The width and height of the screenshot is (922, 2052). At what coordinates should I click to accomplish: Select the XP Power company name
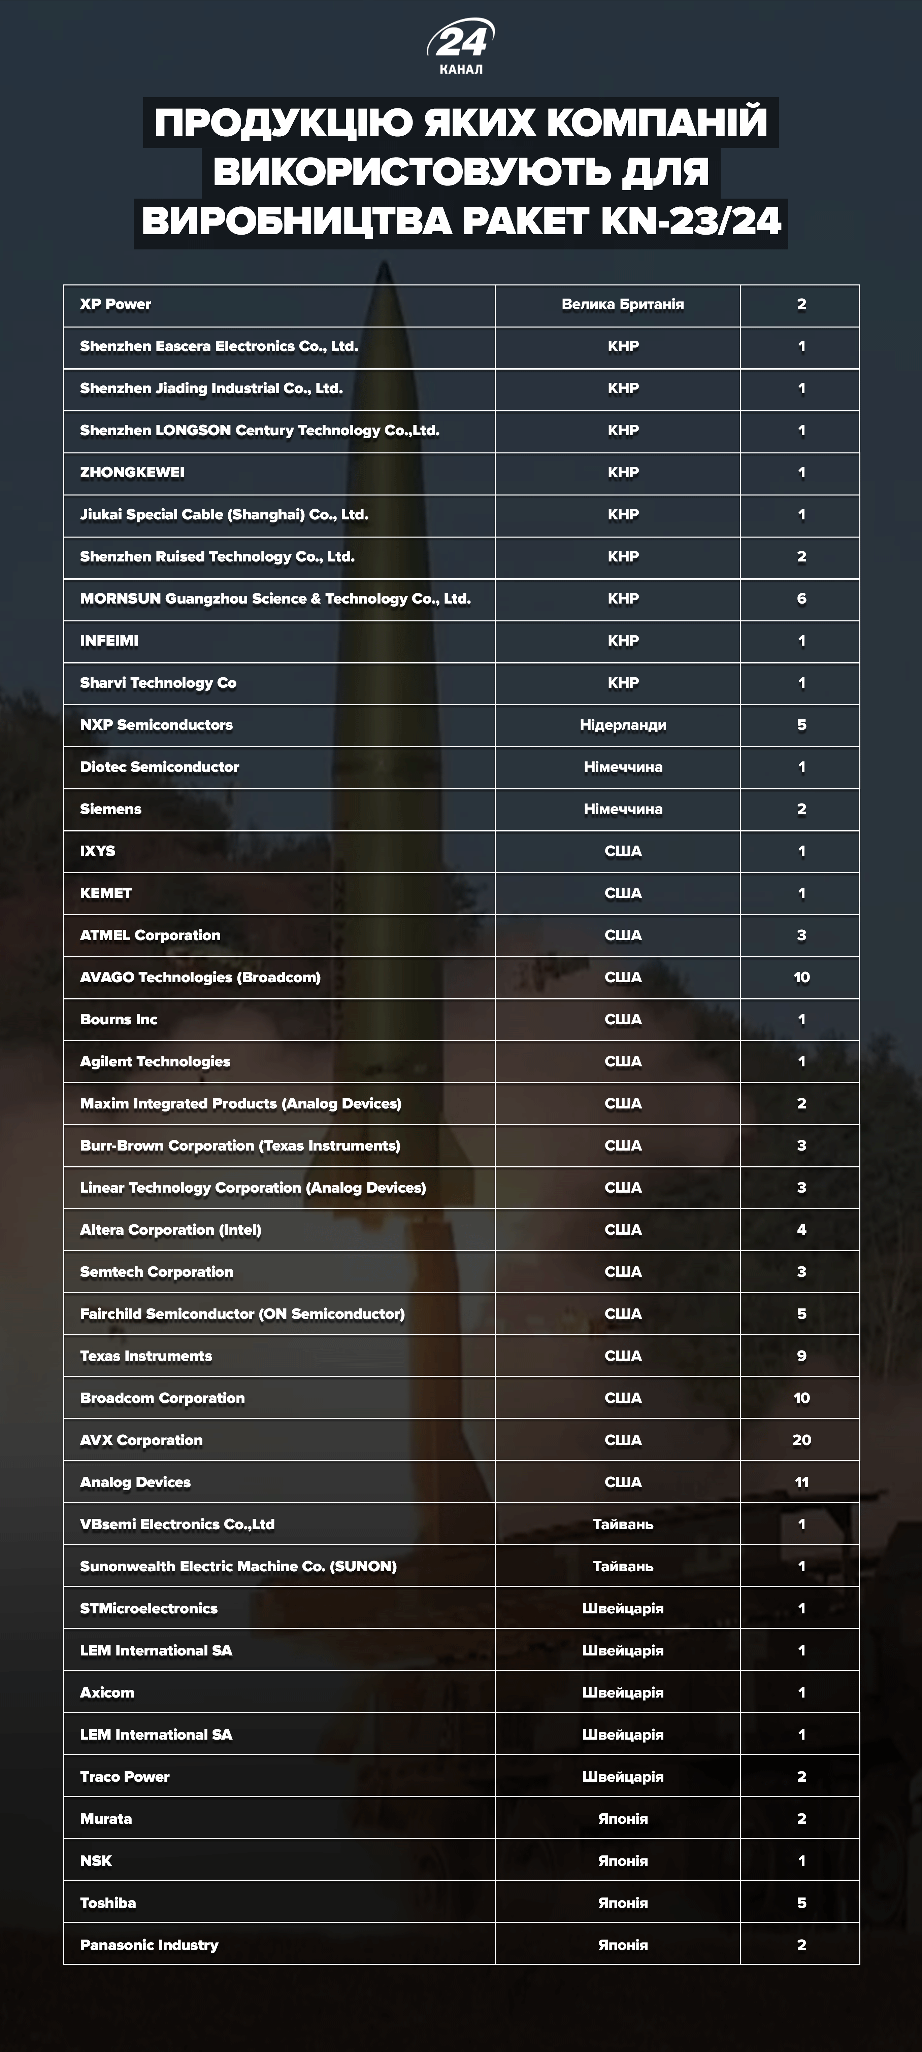(x=116, y=304)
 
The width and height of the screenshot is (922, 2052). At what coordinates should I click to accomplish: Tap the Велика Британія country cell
(x=622, y=304)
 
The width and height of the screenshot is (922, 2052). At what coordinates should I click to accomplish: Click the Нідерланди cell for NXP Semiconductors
(x=622, y=725)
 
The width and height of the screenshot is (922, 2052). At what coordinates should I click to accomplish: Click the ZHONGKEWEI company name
(x=132, y=472)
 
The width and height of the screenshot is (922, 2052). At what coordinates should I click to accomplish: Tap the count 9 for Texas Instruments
(x=801, y=1356)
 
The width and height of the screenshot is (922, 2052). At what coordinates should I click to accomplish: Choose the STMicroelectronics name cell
(x=149, y=1608)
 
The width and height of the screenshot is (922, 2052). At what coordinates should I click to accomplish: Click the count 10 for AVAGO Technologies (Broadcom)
(x=801, y=978)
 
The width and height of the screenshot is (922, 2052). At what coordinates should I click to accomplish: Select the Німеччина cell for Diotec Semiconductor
(x=622, y=767)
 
